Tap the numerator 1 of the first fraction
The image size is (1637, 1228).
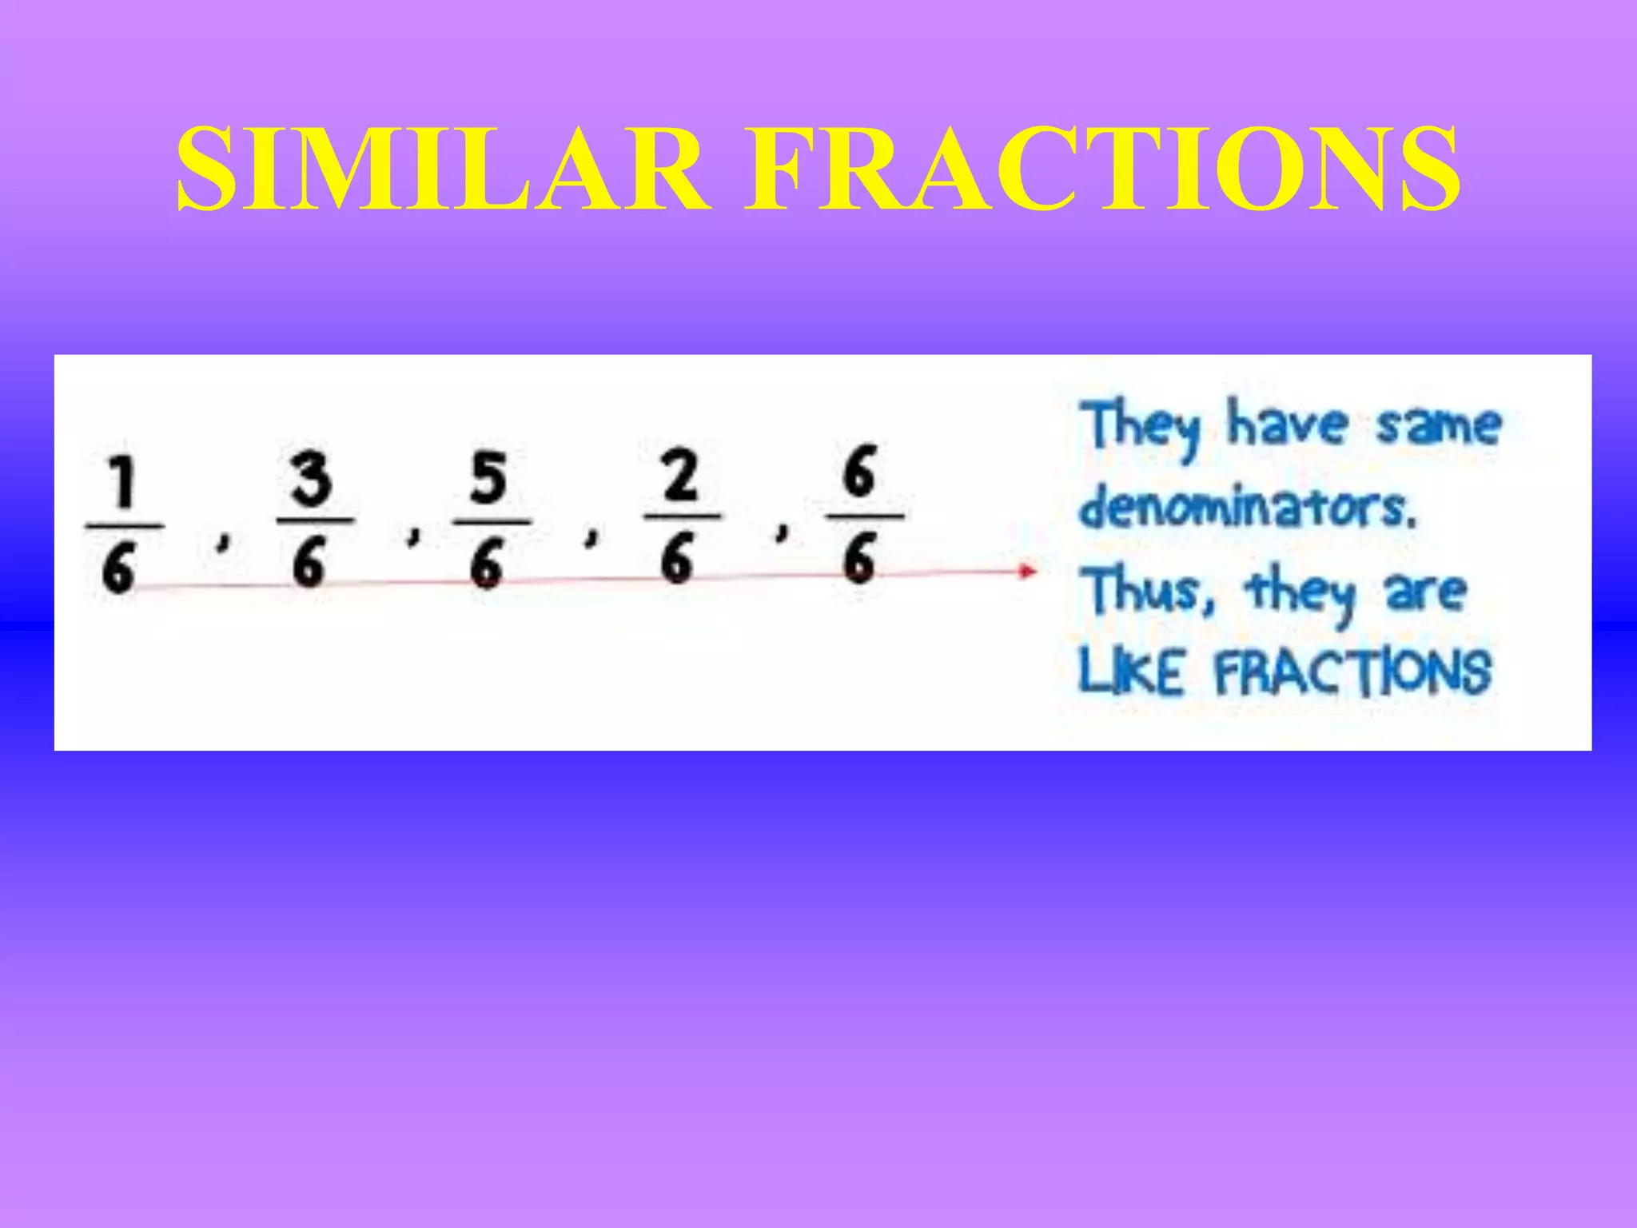(x=121, y=484)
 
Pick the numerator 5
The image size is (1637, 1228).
(x=488, y=478)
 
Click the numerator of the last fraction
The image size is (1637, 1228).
(x=860, y=472)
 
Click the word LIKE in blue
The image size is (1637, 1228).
(x=1131, y=672)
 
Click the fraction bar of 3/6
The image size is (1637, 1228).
(x=315, y=520)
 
